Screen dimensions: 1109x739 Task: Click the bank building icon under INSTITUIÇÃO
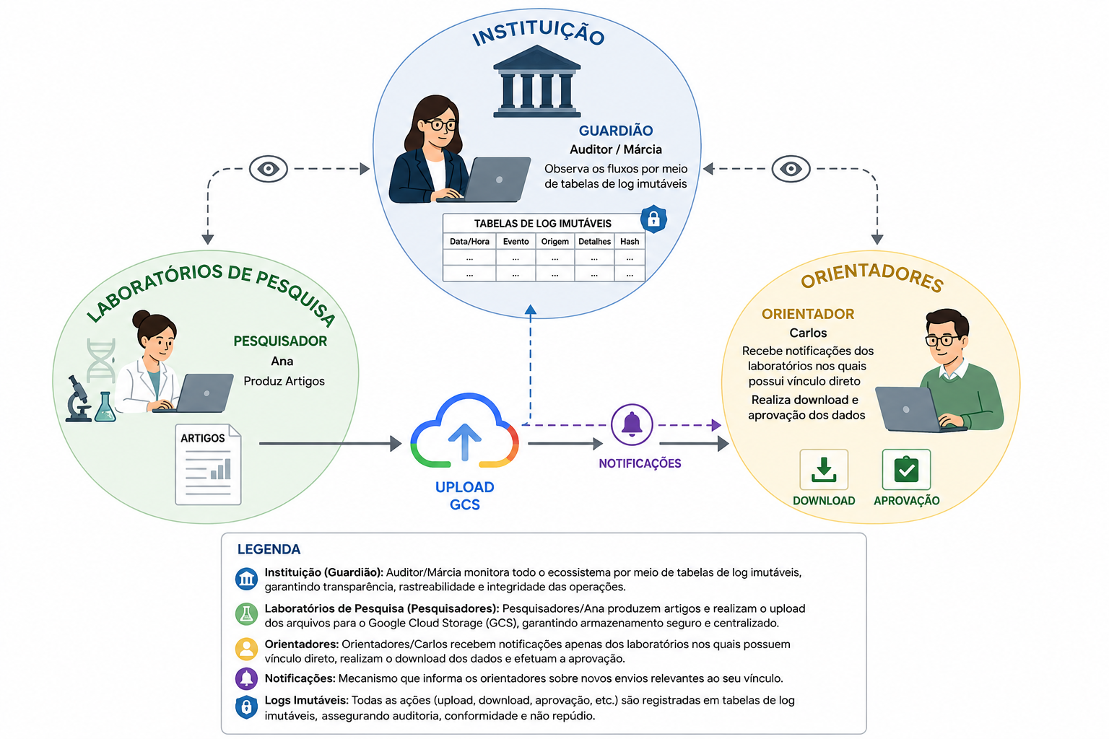(536, 81)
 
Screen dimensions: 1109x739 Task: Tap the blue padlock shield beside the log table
(653, 219)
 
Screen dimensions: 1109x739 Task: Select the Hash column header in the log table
(630, 242)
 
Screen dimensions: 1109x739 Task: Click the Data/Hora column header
(469, 242)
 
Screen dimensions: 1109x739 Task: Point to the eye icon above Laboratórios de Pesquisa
(269, 169)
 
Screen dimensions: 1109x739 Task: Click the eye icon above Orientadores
(791, 169)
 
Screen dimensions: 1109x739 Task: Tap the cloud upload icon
(464, 431)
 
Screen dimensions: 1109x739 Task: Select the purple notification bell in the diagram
(632, 424)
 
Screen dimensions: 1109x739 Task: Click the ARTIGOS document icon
(208, 464)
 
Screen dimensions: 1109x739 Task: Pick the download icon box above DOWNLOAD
(824, 469)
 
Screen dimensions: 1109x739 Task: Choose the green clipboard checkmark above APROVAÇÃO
(906, 469)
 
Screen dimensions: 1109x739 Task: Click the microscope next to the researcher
(78, 399)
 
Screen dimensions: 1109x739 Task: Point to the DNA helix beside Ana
(101, 360)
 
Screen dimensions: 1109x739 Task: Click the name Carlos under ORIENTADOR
(808, 333)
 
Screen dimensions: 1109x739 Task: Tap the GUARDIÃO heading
(616, 130)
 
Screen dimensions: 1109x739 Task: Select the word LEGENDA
(269, 549)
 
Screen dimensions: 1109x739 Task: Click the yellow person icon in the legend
(246, 649)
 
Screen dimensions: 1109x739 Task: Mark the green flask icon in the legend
(246, 613)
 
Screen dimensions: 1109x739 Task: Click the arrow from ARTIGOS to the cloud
(330, 444)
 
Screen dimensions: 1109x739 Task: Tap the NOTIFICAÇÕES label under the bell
(640, 463)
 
